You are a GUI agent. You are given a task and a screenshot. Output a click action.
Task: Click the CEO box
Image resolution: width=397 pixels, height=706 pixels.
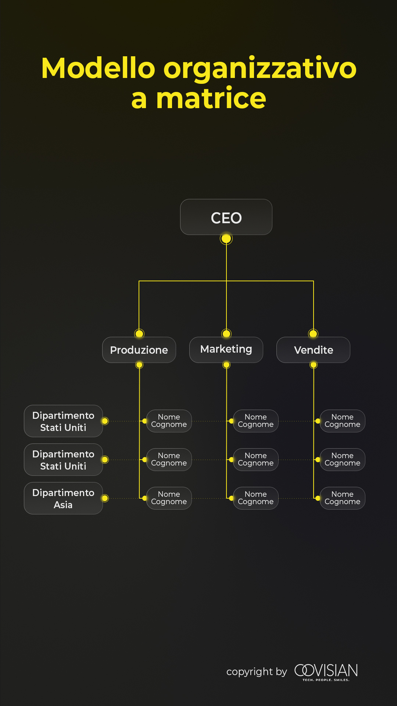pyautogui.click(x=226, y=217)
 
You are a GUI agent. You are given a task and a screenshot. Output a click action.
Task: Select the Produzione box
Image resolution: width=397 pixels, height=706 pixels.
pyautogui.click(x=139, y=350)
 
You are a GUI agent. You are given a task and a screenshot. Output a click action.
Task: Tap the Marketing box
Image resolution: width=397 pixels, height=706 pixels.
pyautogui.click(x=226, y=349)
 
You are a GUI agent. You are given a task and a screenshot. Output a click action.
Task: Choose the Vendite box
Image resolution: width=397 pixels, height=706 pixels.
pyautogui.click(x=313, y=350)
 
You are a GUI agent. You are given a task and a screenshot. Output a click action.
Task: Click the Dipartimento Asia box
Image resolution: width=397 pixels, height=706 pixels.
pyautogui.click(x=63, y=498)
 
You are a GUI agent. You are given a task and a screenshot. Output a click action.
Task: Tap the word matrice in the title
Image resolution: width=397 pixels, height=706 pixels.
pyautogui.click(x=211, y=98)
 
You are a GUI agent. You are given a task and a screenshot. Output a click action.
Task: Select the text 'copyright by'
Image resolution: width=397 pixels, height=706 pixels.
pyautogui.click(x=257, y=672)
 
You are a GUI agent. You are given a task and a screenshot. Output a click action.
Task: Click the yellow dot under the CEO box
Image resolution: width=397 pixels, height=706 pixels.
pyautogui.click(x=226, y=239)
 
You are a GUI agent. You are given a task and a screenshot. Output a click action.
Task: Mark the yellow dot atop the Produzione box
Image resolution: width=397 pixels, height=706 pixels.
pyautogui.click(x=139, y=334)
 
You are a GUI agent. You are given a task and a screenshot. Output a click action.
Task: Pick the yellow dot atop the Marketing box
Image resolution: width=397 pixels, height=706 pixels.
pyautogui.click(x=226, y=334)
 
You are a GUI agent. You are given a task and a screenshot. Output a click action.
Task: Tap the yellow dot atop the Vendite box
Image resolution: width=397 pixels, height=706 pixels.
pyautogui.click(x=313, y=334)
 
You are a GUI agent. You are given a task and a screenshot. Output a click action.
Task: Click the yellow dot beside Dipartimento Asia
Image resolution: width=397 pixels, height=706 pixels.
pyautogui.click(x=105, y=498)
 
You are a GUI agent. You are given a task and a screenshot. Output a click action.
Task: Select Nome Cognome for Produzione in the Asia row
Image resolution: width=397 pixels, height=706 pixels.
pyautogui.click(x=169, y=498)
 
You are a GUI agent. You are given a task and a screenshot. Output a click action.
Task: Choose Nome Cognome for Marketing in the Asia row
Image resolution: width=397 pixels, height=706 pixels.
pyautogui.click(x=256, y=498)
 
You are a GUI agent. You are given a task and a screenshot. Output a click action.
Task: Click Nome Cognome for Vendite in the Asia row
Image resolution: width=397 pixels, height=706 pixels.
pyautogui.click(x=343, y=498)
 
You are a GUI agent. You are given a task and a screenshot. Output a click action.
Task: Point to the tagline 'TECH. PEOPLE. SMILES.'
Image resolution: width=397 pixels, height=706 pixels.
pyautogui.click(x=326, y=680)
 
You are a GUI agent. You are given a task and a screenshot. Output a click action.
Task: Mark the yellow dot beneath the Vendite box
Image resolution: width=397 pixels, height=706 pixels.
pyautogui.click(x=314, y=365)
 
